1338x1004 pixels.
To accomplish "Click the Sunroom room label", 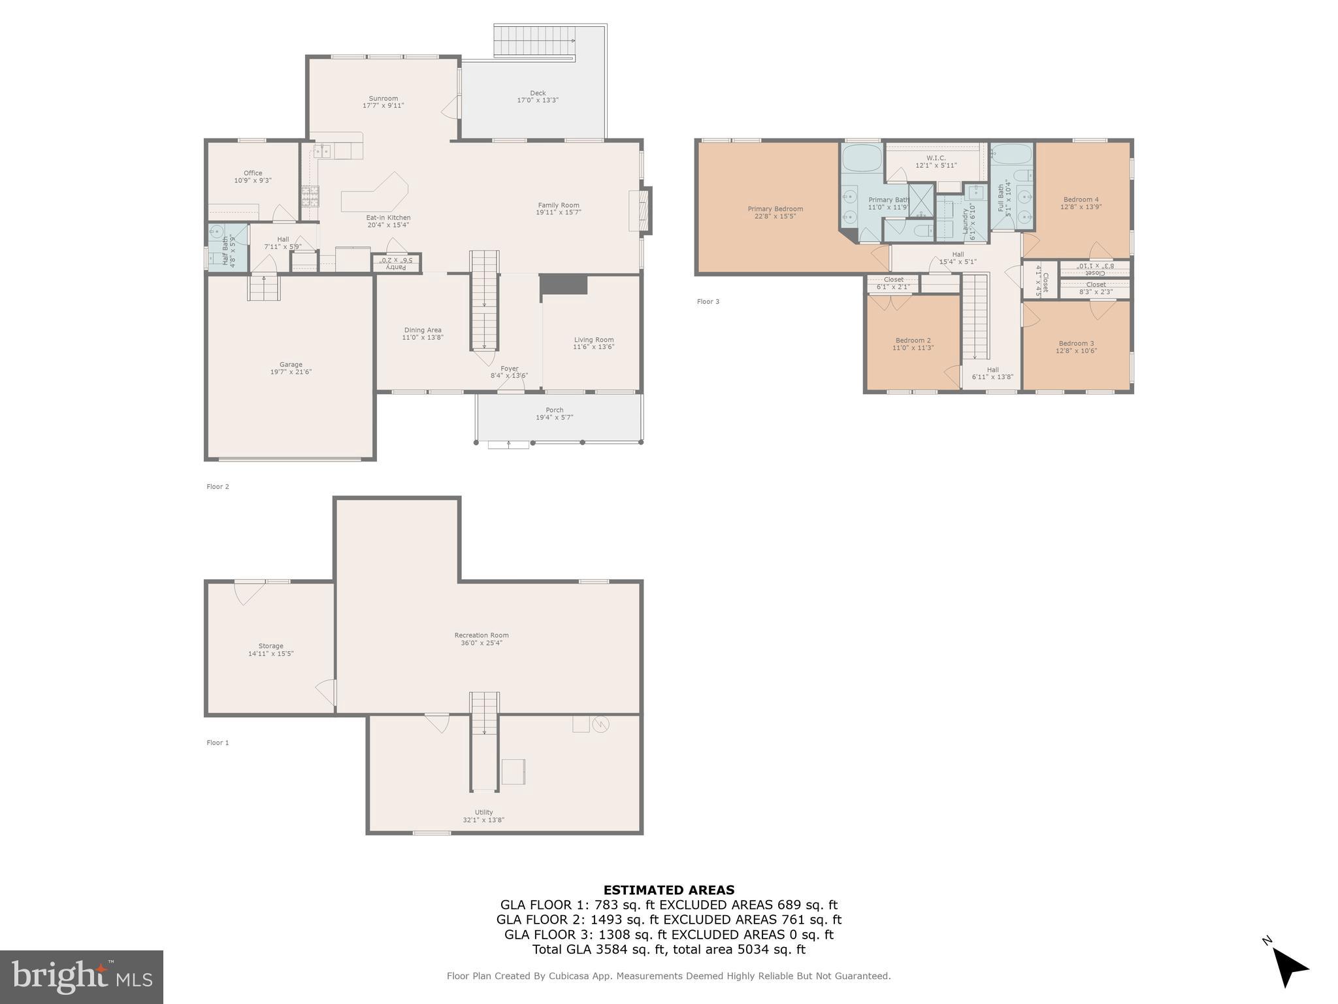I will tap(383, 99).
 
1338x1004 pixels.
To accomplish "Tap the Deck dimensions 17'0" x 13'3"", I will tap(538, 101).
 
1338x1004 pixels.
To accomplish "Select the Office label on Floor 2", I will tap(253, 173).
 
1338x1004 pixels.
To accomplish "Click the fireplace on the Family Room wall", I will tap(640, 210).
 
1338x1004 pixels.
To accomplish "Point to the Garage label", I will tap(291, 365).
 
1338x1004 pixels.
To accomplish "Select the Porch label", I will tap(554, 410).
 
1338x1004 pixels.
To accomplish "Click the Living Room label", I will tap(593, 340).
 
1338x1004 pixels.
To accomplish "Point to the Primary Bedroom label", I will tap(775, 209).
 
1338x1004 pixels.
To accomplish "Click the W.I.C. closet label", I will tap(936, 158).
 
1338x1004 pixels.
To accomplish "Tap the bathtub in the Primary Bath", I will tap(862, 158).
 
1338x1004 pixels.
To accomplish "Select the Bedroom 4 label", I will tap(1081, 199).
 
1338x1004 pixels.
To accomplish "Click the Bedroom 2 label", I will tap(913, 341).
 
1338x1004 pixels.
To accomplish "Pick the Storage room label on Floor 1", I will tap(270, 646).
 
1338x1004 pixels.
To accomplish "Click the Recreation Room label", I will tap(481, 635).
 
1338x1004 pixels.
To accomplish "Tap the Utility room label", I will tap(483, 812).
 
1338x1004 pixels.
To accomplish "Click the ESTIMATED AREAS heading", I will tap(668, 890).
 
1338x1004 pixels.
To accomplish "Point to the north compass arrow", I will tap(1288, 967).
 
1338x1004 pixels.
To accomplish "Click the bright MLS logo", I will tap(82, 977).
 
